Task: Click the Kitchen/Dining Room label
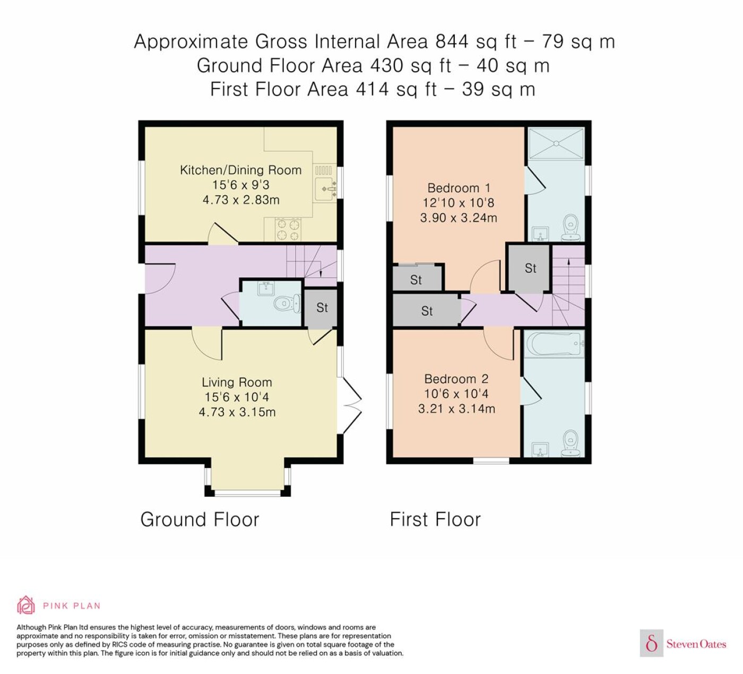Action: click(x=241, y=170)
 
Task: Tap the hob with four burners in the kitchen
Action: click(x=288, y=230)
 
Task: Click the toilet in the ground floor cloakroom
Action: click(x=287, y=304)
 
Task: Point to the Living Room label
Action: click(x=237, y=382)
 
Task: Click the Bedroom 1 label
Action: click(x=459, y=188)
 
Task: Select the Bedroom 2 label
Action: click(x=456, y=379)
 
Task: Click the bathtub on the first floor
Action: click(x=555, y=344)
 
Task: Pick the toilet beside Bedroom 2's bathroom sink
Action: click(x=571, y=443)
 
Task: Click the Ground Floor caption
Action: click(x=200, y=519)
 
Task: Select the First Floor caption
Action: click(x=435, y=519)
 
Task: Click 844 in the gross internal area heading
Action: click(x=452, y=41)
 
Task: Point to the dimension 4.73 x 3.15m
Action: click(x=237, y=412)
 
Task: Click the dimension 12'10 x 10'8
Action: click(x=459, y=203)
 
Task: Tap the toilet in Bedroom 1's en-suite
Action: click(x=571, y=228)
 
